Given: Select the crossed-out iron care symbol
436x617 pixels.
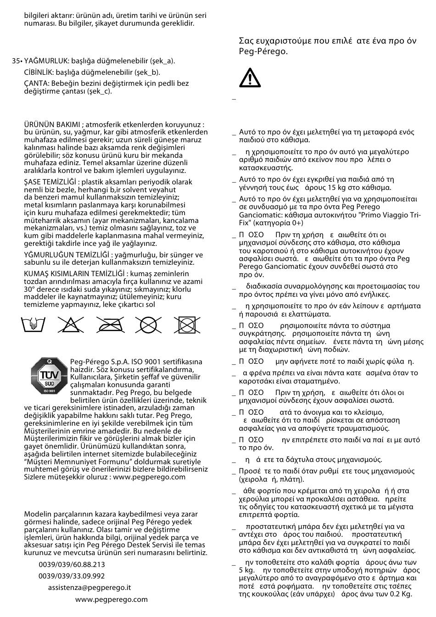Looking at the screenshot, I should click(x=111, y=325).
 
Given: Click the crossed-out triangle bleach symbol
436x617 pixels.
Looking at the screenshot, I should click(x=71, y=325).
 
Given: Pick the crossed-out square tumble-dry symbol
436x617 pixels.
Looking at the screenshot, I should click(x=187, y=325).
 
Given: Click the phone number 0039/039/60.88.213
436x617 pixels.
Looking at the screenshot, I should click(x=72, y=565).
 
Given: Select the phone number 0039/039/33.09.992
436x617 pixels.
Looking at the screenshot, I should click(x=72, y=576).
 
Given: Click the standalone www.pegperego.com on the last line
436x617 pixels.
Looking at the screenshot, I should click(x=112, y=599).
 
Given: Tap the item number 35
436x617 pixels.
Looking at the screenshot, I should click(x=16, y=61).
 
